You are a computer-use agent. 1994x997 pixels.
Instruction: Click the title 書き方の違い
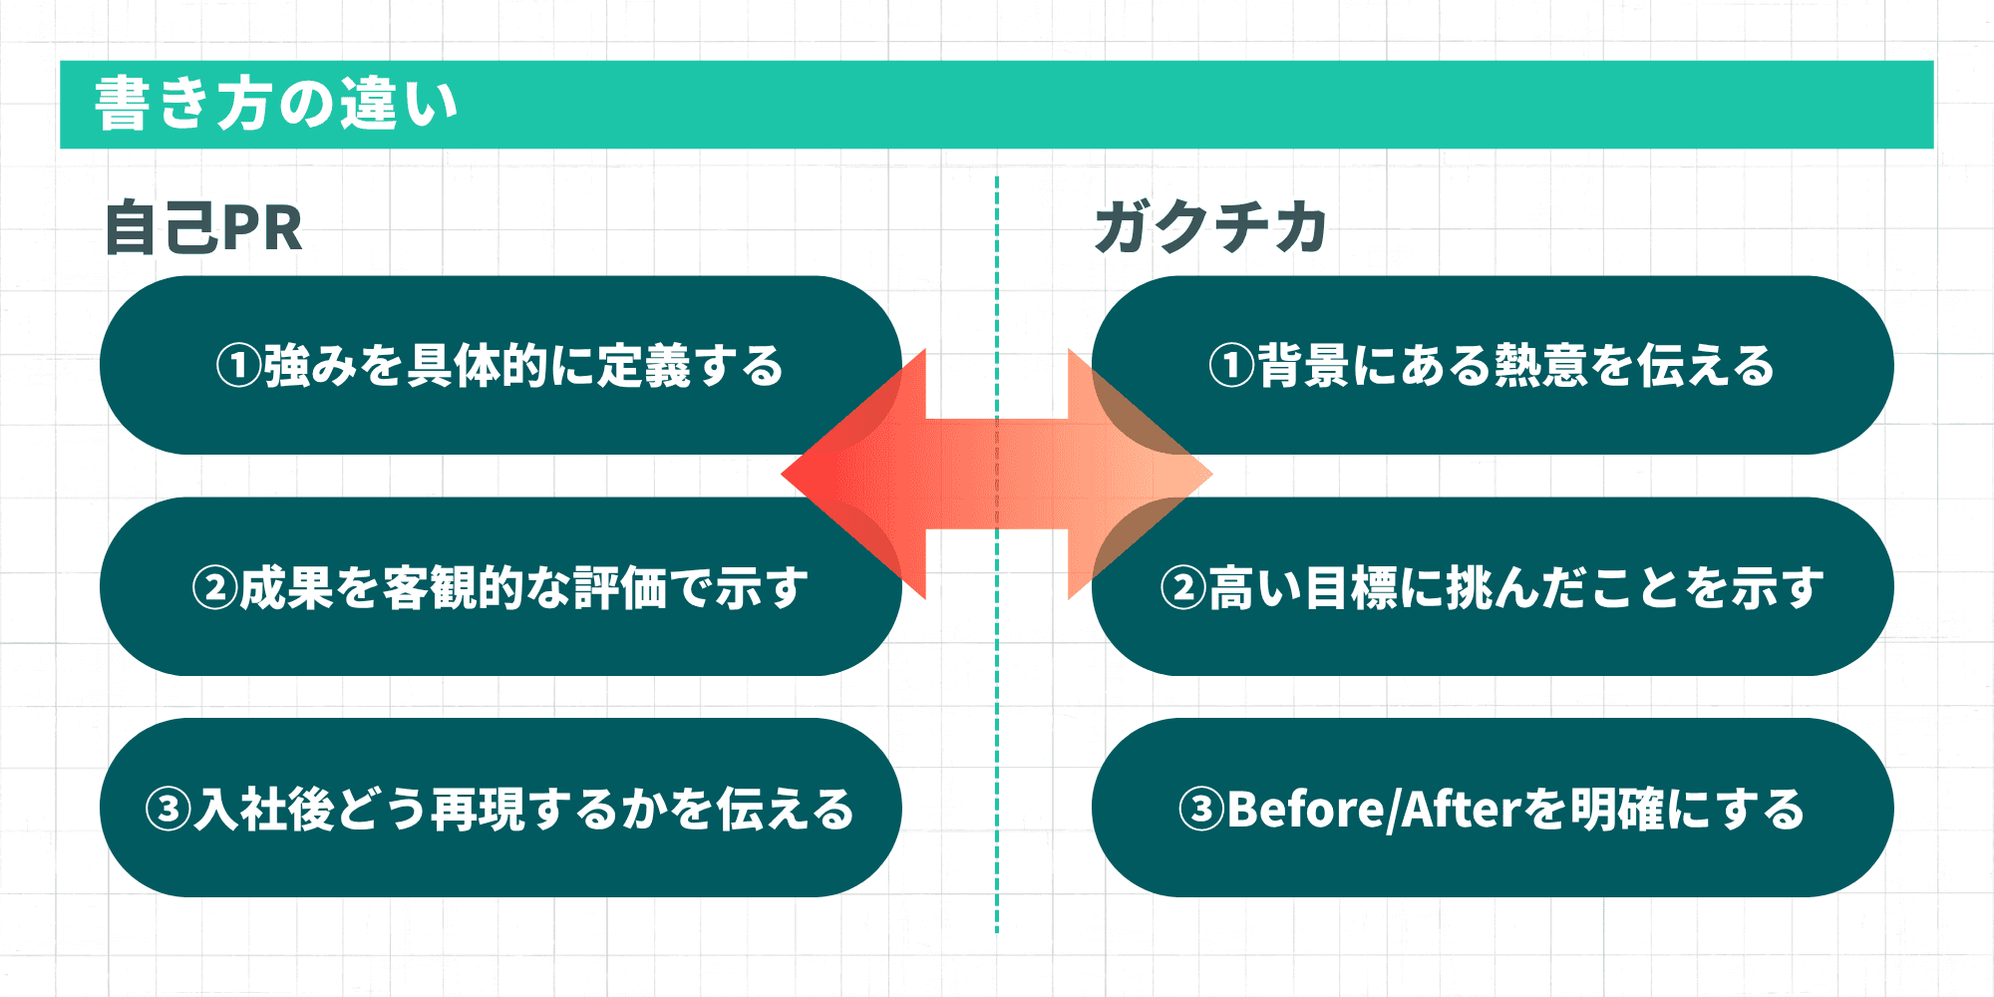[x=276, y=104]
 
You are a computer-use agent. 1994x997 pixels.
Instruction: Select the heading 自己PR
[x=203, y=228]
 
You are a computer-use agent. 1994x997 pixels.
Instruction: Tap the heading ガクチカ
[x=1210, y=227]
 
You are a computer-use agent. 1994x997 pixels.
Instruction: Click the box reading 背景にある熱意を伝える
[x=1493, y=365]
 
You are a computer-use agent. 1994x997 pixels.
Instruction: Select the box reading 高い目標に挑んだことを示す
[x=1493, y=587]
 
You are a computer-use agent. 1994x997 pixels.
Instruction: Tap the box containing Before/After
[x=1493, y=809]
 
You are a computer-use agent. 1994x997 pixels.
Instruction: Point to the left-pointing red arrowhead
[x=847, y=475]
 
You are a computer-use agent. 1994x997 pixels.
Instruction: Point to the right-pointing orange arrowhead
[x=1147, y=475]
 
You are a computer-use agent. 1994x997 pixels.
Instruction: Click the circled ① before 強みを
[x=238, y=366]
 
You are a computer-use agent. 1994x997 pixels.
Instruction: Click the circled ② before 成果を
[x=214, y=588]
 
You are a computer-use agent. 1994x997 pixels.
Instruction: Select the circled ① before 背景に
[x=1231, y=366]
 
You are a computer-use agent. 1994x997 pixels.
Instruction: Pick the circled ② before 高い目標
[x=1183, y=588]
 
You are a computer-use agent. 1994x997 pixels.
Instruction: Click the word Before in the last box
[x=1306, y=809]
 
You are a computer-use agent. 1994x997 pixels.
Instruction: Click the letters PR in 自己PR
[x=262, y=228]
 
